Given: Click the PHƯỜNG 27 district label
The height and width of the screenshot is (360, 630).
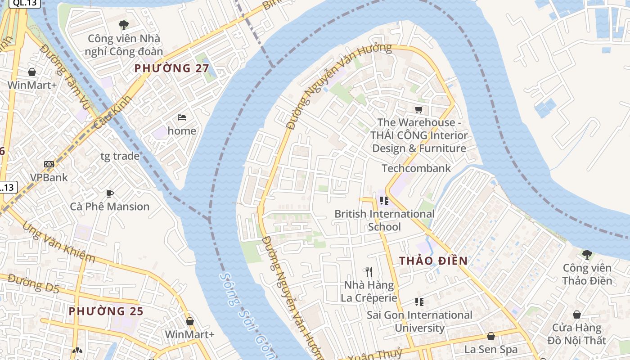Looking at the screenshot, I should (172, 68).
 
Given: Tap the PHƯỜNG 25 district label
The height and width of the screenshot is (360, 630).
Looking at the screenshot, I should (106, 311).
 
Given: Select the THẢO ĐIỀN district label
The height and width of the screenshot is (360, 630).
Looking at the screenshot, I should (433, 261).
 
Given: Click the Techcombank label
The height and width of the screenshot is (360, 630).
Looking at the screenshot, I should (416, 168).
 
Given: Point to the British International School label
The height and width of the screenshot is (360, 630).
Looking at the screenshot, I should (384, 220).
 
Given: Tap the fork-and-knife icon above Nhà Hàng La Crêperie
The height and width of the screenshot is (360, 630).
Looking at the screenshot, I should (369, 271).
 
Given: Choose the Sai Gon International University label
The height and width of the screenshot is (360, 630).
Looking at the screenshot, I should (419, 321).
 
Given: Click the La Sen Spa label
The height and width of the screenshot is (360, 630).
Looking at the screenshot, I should (490, 349).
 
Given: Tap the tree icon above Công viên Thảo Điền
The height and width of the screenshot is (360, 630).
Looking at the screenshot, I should (587, 255).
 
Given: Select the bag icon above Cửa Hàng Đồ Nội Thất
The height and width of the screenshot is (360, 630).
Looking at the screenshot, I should (576, 315).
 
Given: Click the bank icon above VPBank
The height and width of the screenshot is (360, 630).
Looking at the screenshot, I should (49, 164).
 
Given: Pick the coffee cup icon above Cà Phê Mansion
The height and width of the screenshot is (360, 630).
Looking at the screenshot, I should (109, 193).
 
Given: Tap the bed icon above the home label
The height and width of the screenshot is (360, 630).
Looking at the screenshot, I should (182, 117).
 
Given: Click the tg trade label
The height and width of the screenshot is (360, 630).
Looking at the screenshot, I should (120, 156).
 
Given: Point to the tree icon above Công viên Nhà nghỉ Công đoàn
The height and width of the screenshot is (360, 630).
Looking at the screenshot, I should (123, 25).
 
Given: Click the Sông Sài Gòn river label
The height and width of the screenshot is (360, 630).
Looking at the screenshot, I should (245, 315).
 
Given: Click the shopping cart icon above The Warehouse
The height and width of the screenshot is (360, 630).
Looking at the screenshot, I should (419, 109).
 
